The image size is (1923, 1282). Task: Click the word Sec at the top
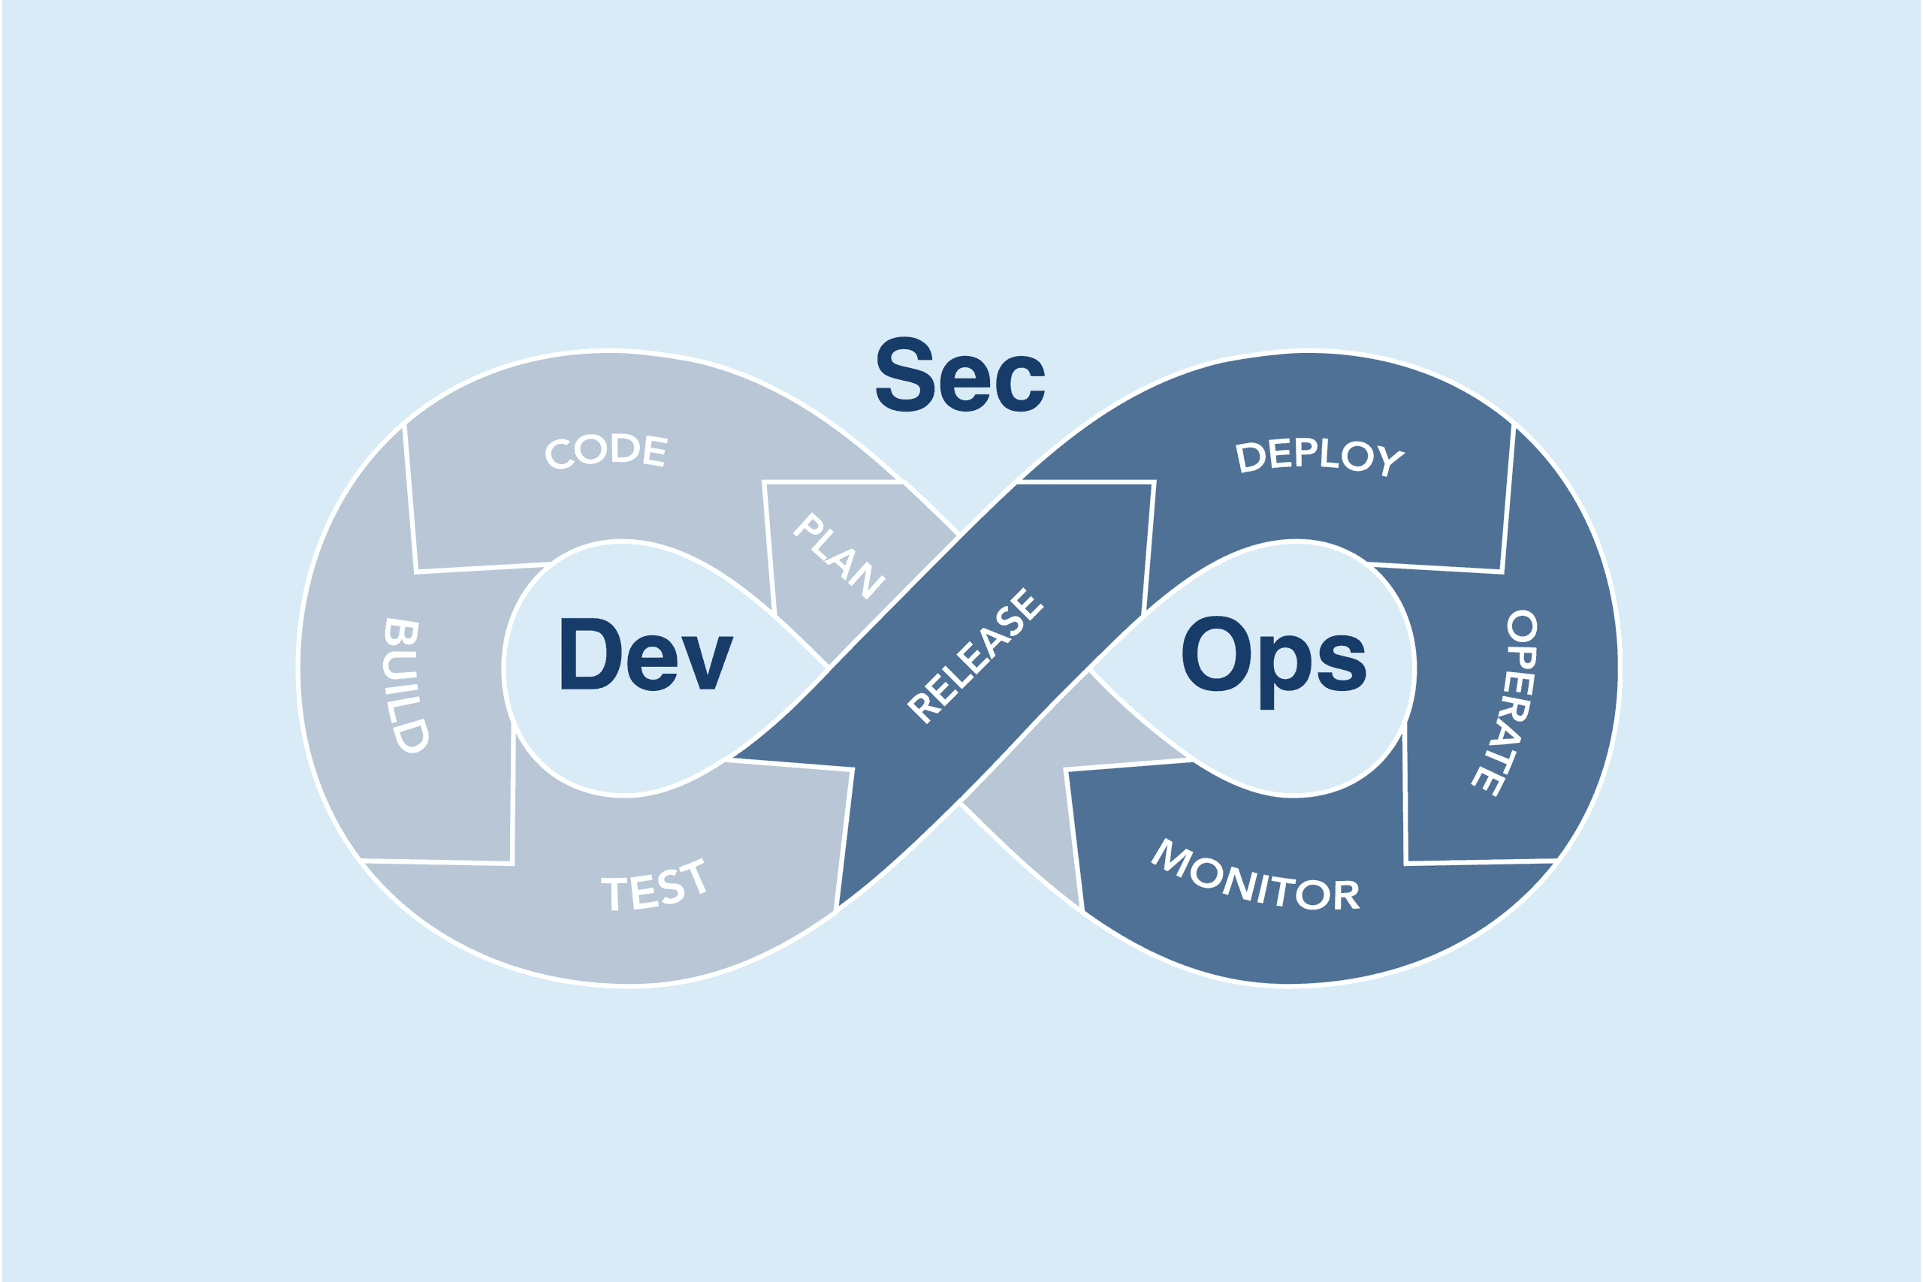coord(960,375)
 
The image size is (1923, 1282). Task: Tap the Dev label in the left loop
coord(646,654)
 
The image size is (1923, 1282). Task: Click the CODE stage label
coord(606,450)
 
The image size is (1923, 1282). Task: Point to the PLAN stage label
coord(839,556)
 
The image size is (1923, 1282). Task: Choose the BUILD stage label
coord(405,684)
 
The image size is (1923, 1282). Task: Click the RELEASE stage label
coord(976,656)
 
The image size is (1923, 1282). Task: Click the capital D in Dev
coord(590,654)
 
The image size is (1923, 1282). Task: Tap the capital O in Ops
coord(1216,653)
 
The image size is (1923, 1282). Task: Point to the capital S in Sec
coord(904,375)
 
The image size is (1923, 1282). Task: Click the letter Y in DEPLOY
coord(1390,461)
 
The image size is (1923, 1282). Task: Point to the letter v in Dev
coord(707,663)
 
